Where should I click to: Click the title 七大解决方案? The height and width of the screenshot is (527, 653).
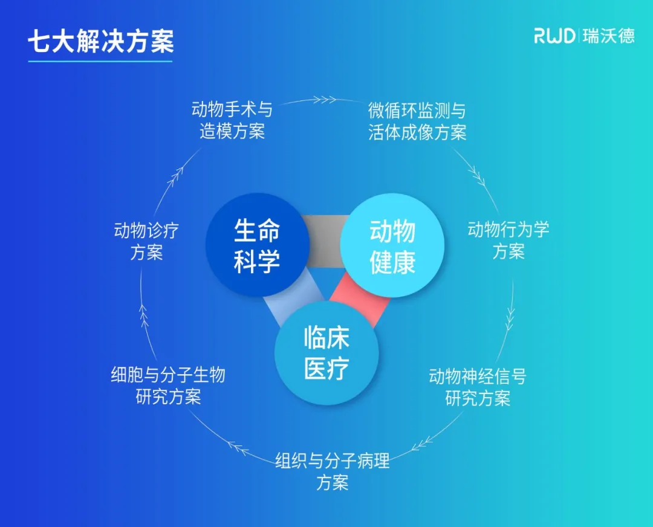click(100, 41)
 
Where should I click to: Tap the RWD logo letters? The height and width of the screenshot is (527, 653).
click(554, 36)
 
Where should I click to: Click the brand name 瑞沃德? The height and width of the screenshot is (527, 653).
click(609, 36)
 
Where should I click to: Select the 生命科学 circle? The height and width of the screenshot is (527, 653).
click(257, 245)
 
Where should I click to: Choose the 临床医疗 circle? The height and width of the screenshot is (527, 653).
click(326, 353)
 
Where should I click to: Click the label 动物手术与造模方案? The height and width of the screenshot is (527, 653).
click(232, 120)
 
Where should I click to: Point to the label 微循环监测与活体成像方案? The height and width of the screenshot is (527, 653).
click(417, 121)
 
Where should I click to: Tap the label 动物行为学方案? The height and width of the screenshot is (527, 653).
click(508, 240)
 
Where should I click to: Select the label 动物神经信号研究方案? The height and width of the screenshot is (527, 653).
click(478, 387)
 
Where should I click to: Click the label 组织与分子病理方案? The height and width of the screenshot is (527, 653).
click(332, 472)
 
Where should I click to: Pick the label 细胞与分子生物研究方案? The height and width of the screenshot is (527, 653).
click(168, 386)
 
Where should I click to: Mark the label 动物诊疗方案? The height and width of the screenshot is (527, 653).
click(146, 241)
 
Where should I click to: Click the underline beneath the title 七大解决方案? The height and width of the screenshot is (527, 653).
click(100, 60)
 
